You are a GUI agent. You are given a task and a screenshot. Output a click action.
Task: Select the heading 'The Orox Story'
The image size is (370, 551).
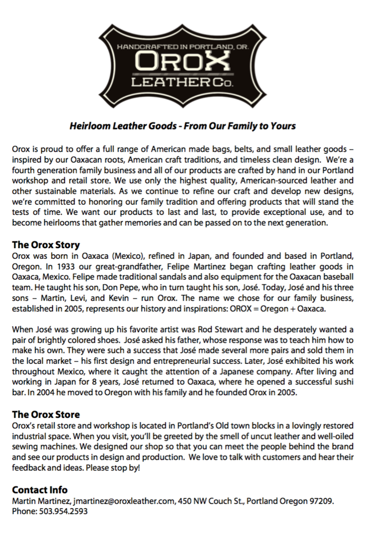46,245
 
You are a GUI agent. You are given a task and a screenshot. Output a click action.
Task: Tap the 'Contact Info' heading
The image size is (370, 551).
40,490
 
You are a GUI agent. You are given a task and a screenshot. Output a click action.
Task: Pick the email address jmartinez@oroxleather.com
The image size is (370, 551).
123,501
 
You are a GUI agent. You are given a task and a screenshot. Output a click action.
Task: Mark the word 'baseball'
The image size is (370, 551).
340,276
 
